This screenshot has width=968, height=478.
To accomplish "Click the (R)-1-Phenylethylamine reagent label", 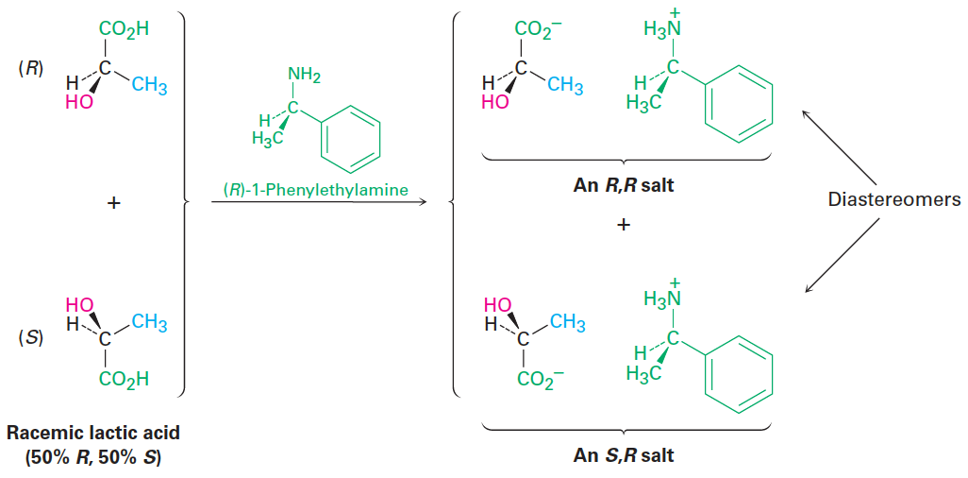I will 316,190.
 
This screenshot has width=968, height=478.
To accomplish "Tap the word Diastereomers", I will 893,199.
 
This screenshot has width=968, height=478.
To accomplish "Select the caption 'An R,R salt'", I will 624,185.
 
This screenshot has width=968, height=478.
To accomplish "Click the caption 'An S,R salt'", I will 624,455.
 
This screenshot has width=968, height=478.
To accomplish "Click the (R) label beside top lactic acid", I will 31,72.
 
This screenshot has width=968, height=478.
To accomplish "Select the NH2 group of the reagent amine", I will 304,77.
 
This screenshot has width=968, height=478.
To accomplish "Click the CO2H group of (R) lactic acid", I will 125,29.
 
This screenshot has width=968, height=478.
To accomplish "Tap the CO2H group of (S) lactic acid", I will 125,380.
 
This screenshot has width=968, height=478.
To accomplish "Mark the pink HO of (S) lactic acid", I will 80,304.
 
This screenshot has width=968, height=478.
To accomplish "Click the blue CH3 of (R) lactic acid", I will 149,87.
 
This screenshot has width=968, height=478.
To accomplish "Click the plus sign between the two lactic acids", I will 113,202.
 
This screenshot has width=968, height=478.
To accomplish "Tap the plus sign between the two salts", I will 624,226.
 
